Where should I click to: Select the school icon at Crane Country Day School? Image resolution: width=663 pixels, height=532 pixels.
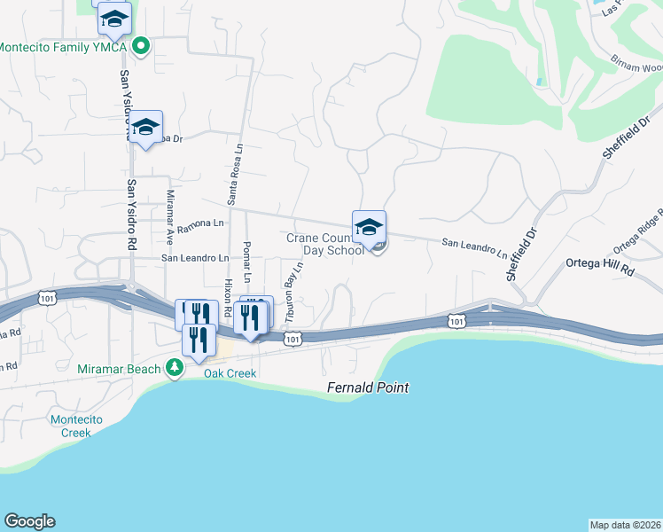tap(369, 228)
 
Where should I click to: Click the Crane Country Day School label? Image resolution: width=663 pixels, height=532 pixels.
tap(324, 244)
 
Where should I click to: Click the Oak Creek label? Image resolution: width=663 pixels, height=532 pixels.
tap(230, 373)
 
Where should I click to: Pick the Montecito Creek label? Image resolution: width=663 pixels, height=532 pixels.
tap(82, 426)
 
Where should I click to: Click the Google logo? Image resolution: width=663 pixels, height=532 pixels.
tap(29, 521)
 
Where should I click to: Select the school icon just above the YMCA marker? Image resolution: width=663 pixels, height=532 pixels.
tap(114, 18)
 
